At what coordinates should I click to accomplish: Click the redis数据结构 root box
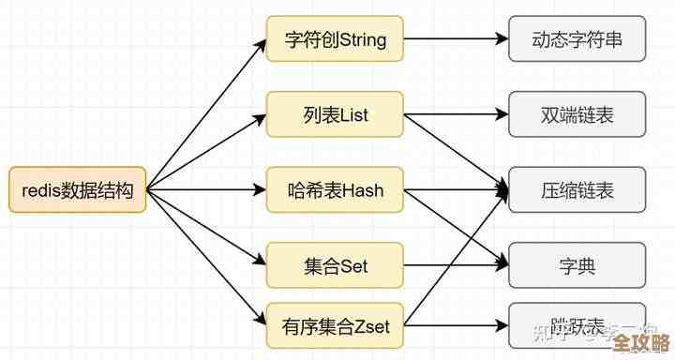(x=78, y=190)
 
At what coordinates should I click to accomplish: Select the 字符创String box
(x=335, y=40)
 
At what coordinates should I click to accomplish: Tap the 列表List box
(x=335, y=115)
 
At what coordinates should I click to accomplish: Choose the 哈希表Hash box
(x=335, y=190)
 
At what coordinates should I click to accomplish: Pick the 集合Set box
(x=335, y=266)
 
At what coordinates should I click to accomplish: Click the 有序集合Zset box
(x=335, y=327)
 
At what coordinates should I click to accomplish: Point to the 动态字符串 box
(x=577, y=40)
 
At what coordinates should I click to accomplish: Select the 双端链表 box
(x=577, y=115)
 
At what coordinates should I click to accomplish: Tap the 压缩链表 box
(x=577, y=190)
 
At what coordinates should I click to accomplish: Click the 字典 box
(x=577, y=266)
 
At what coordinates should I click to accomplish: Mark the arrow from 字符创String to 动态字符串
(x=456, y=40)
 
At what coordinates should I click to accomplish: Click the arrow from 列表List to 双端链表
(x=456, y=115)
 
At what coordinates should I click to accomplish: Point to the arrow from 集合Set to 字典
(x=456, y=266)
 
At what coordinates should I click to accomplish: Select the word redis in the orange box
(x=40, y=190)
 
